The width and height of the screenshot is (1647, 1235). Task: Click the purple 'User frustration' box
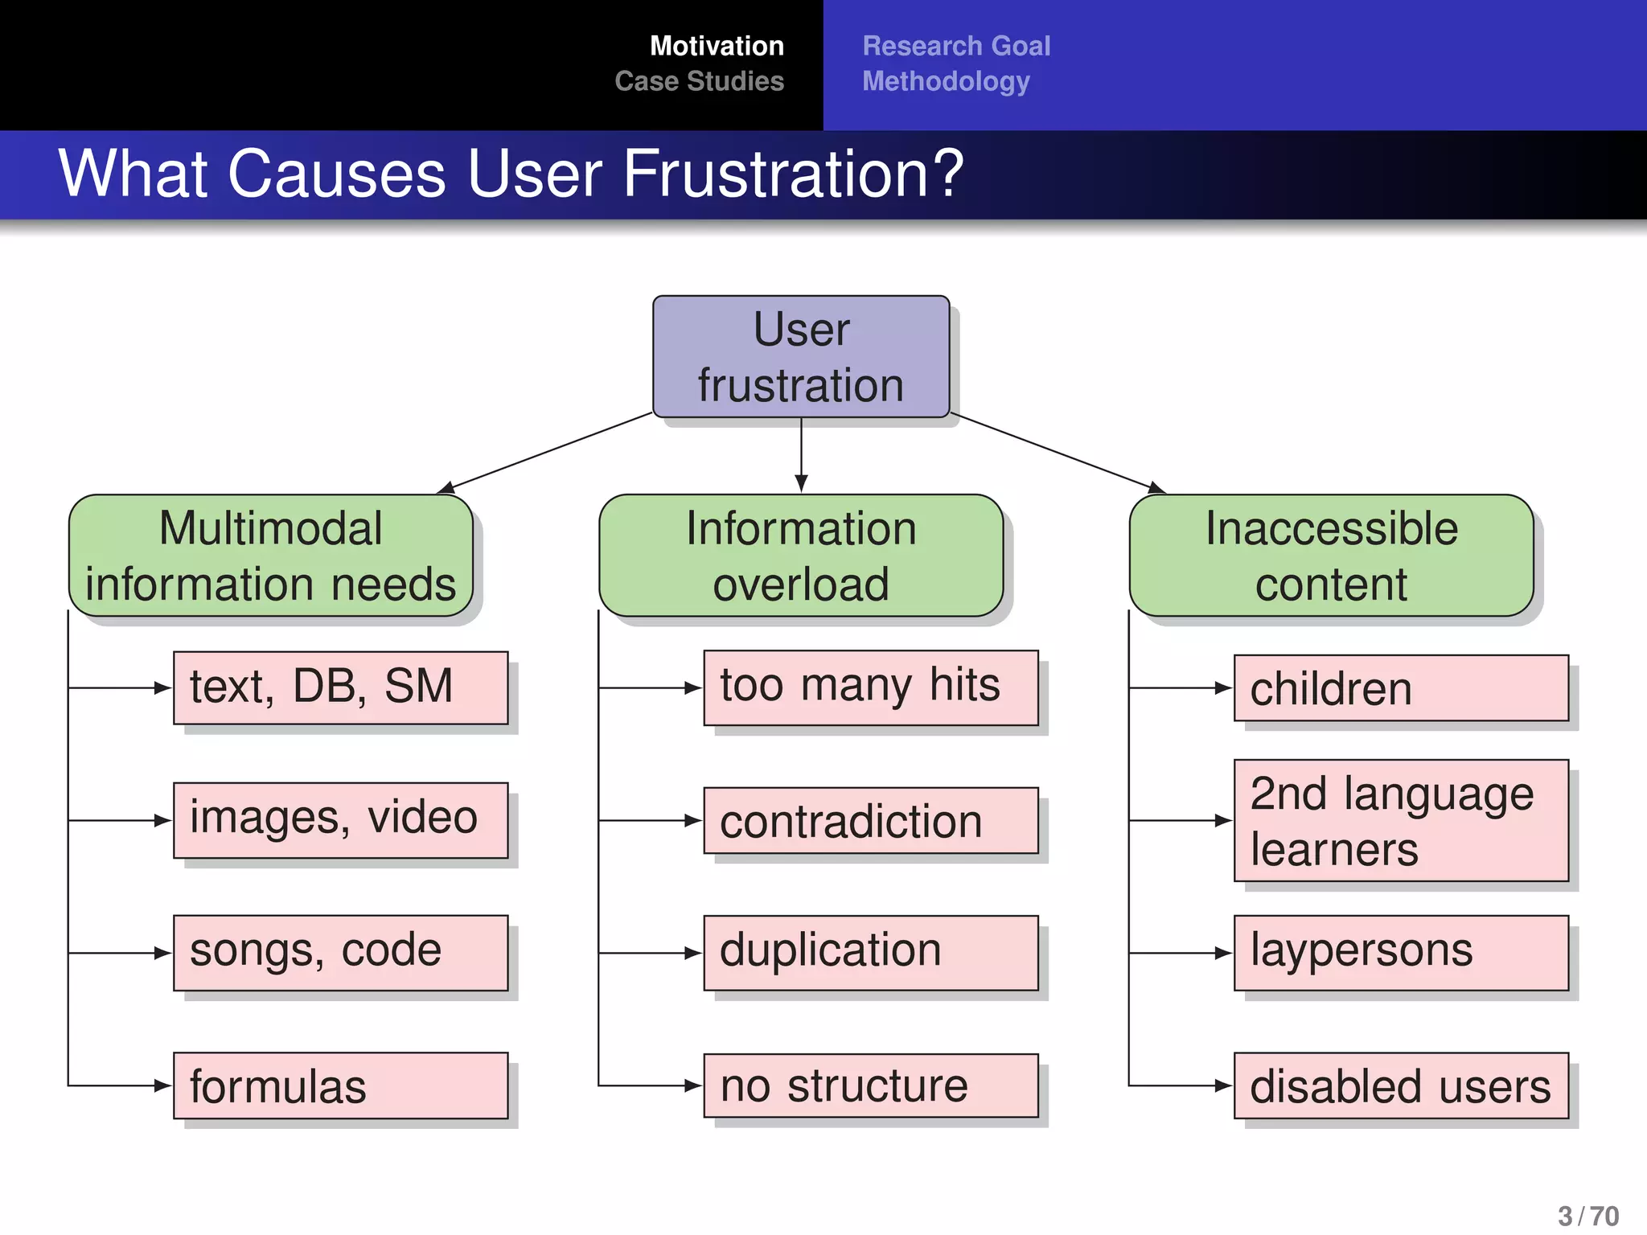[801, 357]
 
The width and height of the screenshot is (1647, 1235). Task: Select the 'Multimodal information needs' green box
[271, 556]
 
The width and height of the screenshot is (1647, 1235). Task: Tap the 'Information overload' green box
[801, 556]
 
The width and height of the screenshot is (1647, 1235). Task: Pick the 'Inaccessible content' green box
[1331, 556]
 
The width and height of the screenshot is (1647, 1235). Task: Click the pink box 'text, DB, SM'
[340, 687]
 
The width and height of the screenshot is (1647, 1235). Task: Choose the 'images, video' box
[340, 820]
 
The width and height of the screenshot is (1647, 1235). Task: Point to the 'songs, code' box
[340, 952]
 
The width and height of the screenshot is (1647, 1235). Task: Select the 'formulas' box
[340, 1085]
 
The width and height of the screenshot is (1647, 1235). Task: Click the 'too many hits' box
[871, 687]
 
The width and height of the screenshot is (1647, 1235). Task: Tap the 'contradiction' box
[871, 820]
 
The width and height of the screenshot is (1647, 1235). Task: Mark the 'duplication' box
[871, 952]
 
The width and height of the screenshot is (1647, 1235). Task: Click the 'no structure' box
[871, 1085]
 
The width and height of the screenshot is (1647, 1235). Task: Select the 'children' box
[1401, 687]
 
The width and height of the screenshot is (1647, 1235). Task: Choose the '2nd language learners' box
[1401, 820]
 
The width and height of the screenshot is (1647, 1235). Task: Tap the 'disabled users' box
[1401, 1085]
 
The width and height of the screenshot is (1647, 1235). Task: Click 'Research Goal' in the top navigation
[956, 46]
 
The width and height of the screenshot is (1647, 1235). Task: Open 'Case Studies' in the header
[699, 81]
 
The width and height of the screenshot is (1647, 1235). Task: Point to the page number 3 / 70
[1587, 1216]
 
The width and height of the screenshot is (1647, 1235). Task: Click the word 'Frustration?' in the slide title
[793, 174]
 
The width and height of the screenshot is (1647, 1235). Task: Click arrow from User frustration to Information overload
[801, 454]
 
